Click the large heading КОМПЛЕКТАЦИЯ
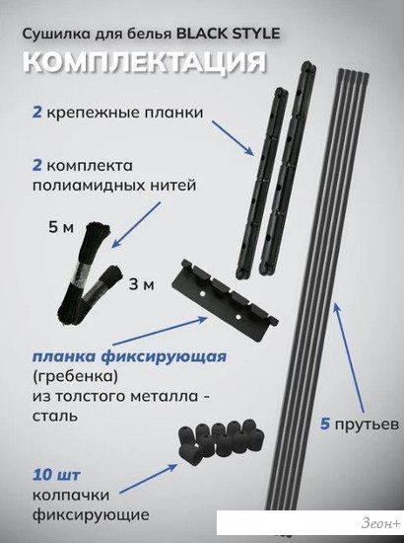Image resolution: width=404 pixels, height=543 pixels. (x=145, y=62)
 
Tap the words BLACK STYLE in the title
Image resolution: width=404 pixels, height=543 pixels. (x=228, y=34)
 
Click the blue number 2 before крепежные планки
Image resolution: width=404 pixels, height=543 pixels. (x=37, y=113)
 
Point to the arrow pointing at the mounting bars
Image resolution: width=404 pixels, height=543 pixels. (x=233, y=138)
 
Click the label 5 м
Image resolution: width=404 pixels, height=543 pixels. (x=61, y=227)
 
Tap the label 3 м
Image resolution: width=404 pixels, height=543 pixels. (x=142, y=284)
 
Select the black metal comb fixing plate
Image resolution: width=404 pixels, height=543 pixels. (x=227, y=300)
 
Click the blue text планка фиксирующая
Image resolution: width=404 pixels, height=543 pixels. (x=130, y=356)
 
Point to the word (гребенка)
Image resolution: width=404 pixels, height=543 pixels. (x=75, y=376)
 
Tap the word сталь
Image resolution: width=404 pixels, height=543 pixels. (x=54, y=416)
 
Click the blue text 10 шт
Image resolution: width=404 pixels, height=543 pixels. (x=56, y=475)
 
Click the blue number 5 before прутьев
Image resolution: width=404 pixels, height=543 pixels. (x=325, y=424)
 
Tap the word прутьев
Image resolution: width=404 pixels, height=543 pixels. (x=367, y=425)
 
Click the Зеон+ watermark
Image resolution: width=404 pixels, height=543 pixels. (x=381, y=523)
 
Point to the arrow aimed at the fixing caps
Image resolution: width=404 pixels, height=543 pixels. (x=148, y=479)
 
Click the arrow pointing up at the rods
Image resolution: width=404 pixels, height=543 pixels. (x=349, y=357)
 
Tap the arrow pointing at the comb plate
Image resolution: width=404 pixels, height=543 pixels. (x=160, y=331)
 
